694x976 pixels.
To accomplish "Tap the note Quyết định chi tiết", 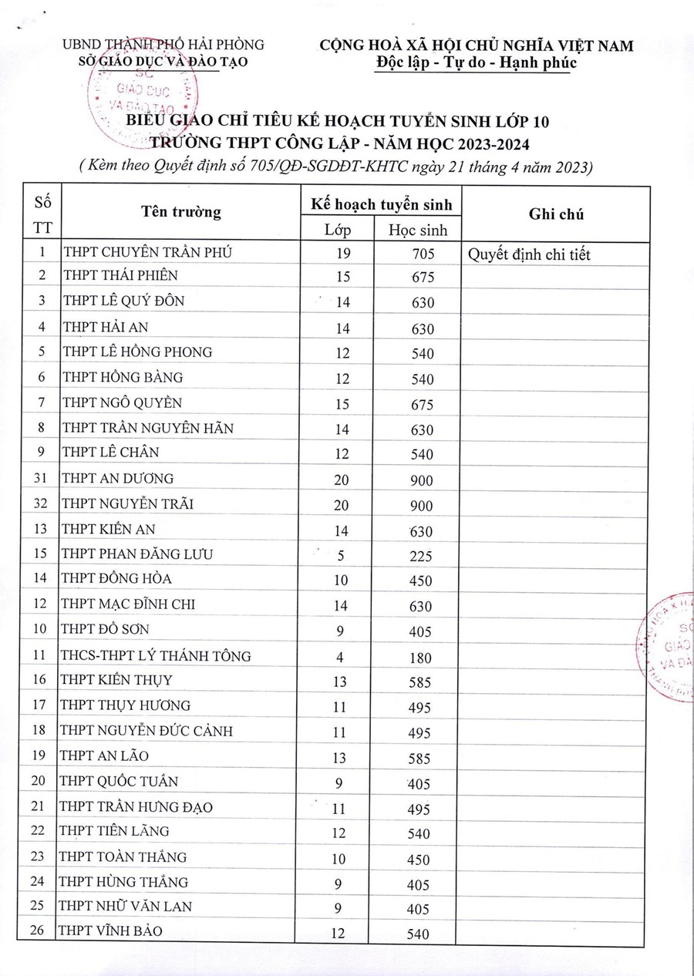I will tap(530, 254).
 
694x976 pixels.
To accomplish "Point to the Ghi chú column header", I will tap(556, 215).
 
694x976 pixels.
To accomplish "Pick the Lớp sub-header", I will tap(338, 230).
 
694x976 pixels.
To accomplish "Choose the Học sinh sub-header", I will tap(418, 230).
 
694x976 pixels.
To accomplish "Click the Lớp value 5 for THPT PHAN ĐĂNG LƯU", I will tap(342, 556).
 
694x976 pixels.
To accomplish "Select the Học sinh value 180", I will tap(420, 657).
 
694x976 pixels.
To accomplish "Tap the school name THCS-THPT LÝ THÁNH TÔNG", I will tap(156, 656).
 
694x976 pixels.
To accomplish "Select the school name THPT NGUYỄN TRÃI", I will tap(127, 504).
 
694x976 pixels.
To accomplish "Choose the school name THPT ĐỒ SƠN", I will tap(106, 630).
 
